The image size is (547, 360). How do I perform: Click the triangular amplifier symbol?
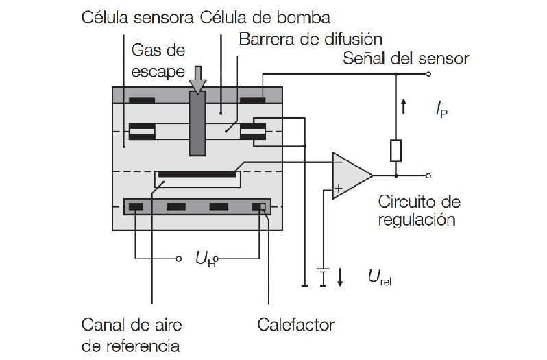point(350,176)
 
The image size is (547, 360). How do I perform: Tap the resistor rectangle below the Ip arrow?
point(396,150)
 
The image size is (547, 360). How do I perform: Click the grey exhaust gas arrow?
point(198,79)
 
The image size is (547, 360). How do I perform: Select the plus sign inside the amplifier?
point(339,187)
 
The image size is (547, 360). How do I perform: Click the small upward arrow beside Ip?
point(404,107)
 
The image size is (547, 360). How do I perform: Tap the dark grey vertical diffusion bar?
point(197,123)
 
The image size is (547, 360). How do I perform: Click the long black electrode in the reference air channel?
point(197,174)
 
